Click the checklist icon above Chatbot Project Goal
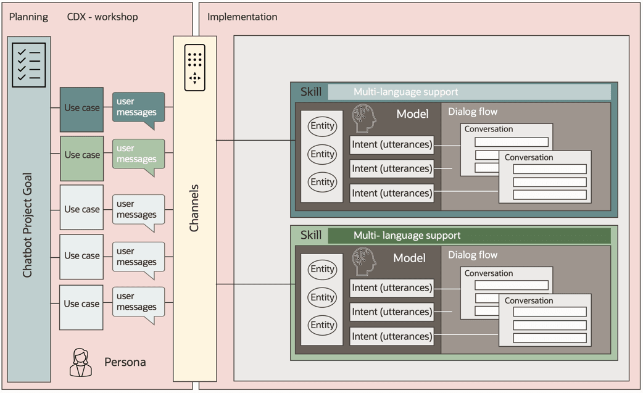click(29, 65)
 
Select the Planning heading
click(28, 17)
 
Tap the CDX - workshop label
click(102, 17)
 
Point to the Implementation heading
click(242, 17)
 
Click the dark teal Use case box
click(81, 109)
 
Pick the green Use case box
click(81, 155)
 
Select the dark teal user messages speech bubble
click(138, 108)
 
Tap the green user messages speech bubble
click(138, 155)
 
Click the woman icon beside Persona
click(80, 362)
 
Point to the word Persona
click(125, 362)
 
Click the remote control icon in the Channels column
click(195, 67)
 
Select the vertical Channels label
click(194, 208)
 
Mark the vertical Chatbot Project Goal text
click(28, 225)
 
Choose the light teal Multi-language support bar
click(469, 93)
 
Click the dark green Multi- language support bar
click(469, 236)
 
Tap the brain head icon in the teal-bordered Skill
click(363, 118)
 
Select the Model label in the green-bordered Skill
click(410, 258)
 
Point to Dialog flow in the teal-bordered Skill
click(473, 112)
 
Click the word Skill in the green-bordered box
click(310, 236)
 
